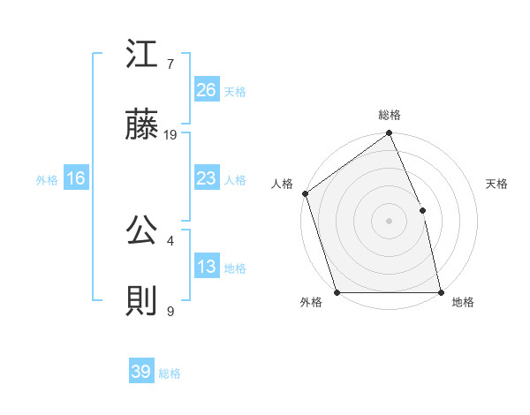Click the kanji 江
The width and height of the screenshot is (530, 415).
(x=143, y=56)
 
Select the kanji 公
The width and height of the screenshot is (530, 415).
(x=143, y=231)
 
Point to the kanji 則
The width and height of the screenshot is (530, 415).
(x=143, y=302)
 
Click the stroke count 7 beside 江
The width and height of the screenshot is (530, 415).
(x=170, y=64)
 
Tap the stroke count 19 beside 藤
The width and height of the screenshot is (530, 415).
(x=170, y=135)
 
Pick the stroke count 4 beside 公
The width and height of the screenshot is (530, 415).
(x=170, y=240)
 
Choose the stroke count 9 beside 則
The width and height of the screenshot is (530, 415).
(x=170, y=311)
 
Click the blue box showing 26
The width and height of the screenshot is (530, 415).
(x=207, y=90)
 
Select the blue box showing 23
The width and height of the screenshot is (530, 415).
(x=207, y=178)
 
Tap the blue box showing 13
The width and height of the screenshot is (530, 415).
(x=207, y=267)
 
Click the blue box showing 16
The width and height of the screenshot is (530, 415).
(x=76, y=178)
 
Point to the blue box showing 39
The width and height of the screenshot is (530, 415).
(x=141, y=373)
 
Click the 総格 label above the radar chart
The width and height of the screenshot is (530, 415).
(x=390, y=116)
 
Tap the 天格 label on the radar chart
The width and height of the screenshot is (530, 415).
(x=497, y=184)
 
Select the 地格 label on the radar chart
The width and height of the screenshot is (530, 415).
(x=463, y=303)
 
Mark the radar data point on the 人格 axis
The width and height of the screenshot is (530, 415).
(x=305, y=193)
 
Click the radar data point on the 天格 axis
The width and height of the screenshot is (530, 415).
(x=422, y=210)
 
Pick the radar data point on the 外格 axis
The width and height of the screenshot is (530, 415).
(x=337, y=292)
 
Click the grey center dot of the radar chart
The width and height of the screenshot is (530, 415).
(x=389, y=221)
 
